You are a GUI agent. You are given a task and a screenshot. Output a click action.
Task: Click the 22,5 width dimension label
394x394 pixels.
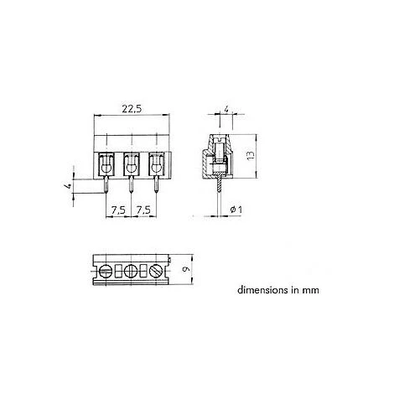point(132,109)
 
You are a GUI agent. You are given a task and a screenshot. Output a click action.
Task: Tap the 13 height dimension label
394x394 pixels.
point(251,155)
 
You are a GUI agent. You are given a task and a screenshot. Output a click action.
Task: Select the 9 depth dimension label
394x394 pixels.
point(186,269)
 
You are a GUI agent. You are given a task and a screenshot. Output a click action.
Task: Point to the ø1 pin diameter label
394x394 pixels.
point(236,210)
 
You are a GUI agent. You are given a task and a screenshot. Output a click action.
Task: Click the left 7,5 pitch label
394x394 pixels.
point(118,210)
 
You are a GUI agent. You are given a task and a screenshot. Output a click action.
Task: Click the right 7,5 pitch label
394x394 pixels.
point(143,210)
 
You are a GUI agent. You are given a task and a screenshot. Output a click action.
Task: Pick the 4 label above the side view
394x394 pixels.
point(226,109)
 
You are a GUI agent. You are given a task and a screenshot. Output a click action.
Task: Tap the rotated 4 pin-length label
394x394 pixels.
point(68,186)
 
